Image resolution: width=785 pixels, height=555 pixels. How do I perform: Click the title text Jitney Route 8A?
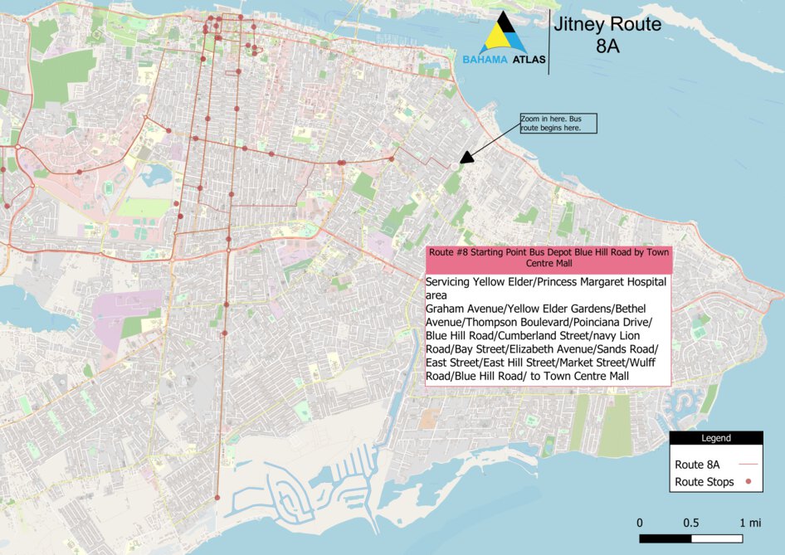point(607,35)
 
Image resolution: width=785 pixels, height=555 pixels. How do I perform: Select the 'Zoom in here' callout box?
point(558,123)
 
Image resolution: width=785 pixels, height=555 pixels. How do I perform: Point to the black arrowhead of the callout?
point(466,157)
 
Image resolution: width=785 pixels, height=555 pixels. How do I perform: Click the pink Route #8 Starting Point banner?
point(548,257)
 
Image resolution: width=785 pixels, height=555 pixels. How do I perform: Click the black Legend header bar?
point(716,438)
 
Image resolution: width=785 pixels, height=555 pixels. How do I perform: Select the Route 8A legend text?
point(697,465)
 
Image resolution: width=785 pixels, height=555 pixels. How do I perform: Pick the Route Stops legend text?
point(705,482)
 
